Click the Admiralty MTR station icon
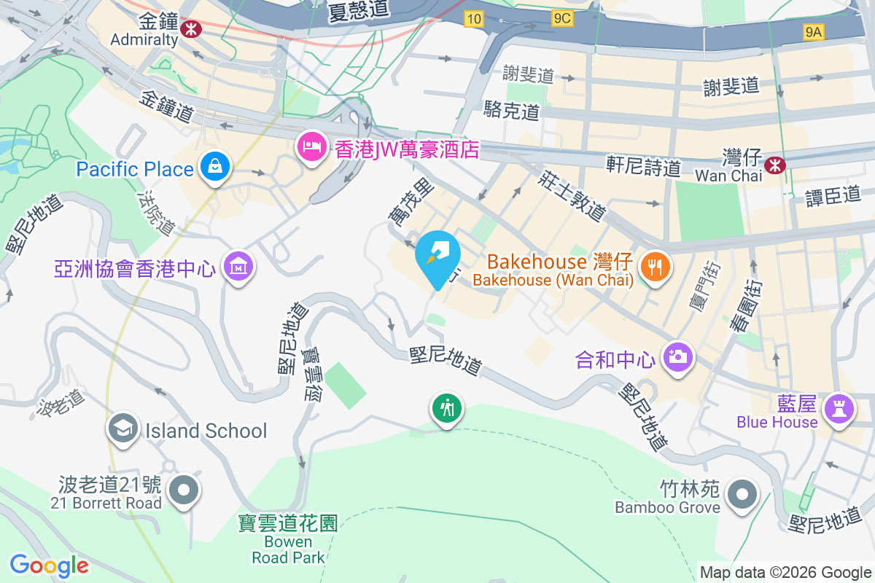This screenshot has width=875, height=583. tap(193, 28)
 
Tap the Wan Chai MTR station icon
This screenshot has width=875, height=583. tap(774, 167)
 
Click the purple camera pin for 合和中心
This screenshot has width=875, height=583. tap(678, 357)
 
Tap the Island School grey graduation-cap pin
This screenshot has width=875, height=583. tap(123, 429)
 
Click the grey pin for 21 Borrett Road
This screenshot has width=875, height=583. tap(183, 491)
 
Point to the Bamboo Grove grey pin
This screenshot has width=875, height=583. tap(742, 495)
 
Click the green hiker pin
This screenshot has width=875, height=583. tap(446, 407)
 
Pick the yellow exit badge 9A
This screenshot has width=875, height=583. tap(814, 31)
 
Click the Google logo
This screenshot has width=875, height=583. tap(49, 565)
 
